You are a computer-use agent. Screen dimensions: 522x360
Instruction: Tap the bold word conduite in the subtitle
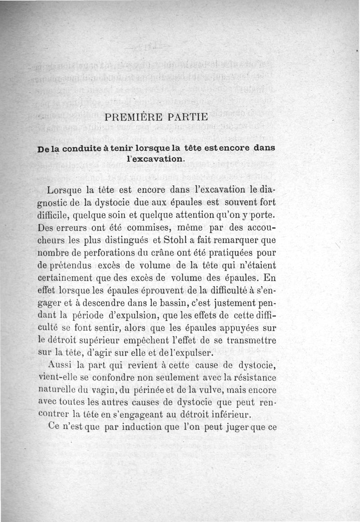pyautogui.click(x=84, y=148)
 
